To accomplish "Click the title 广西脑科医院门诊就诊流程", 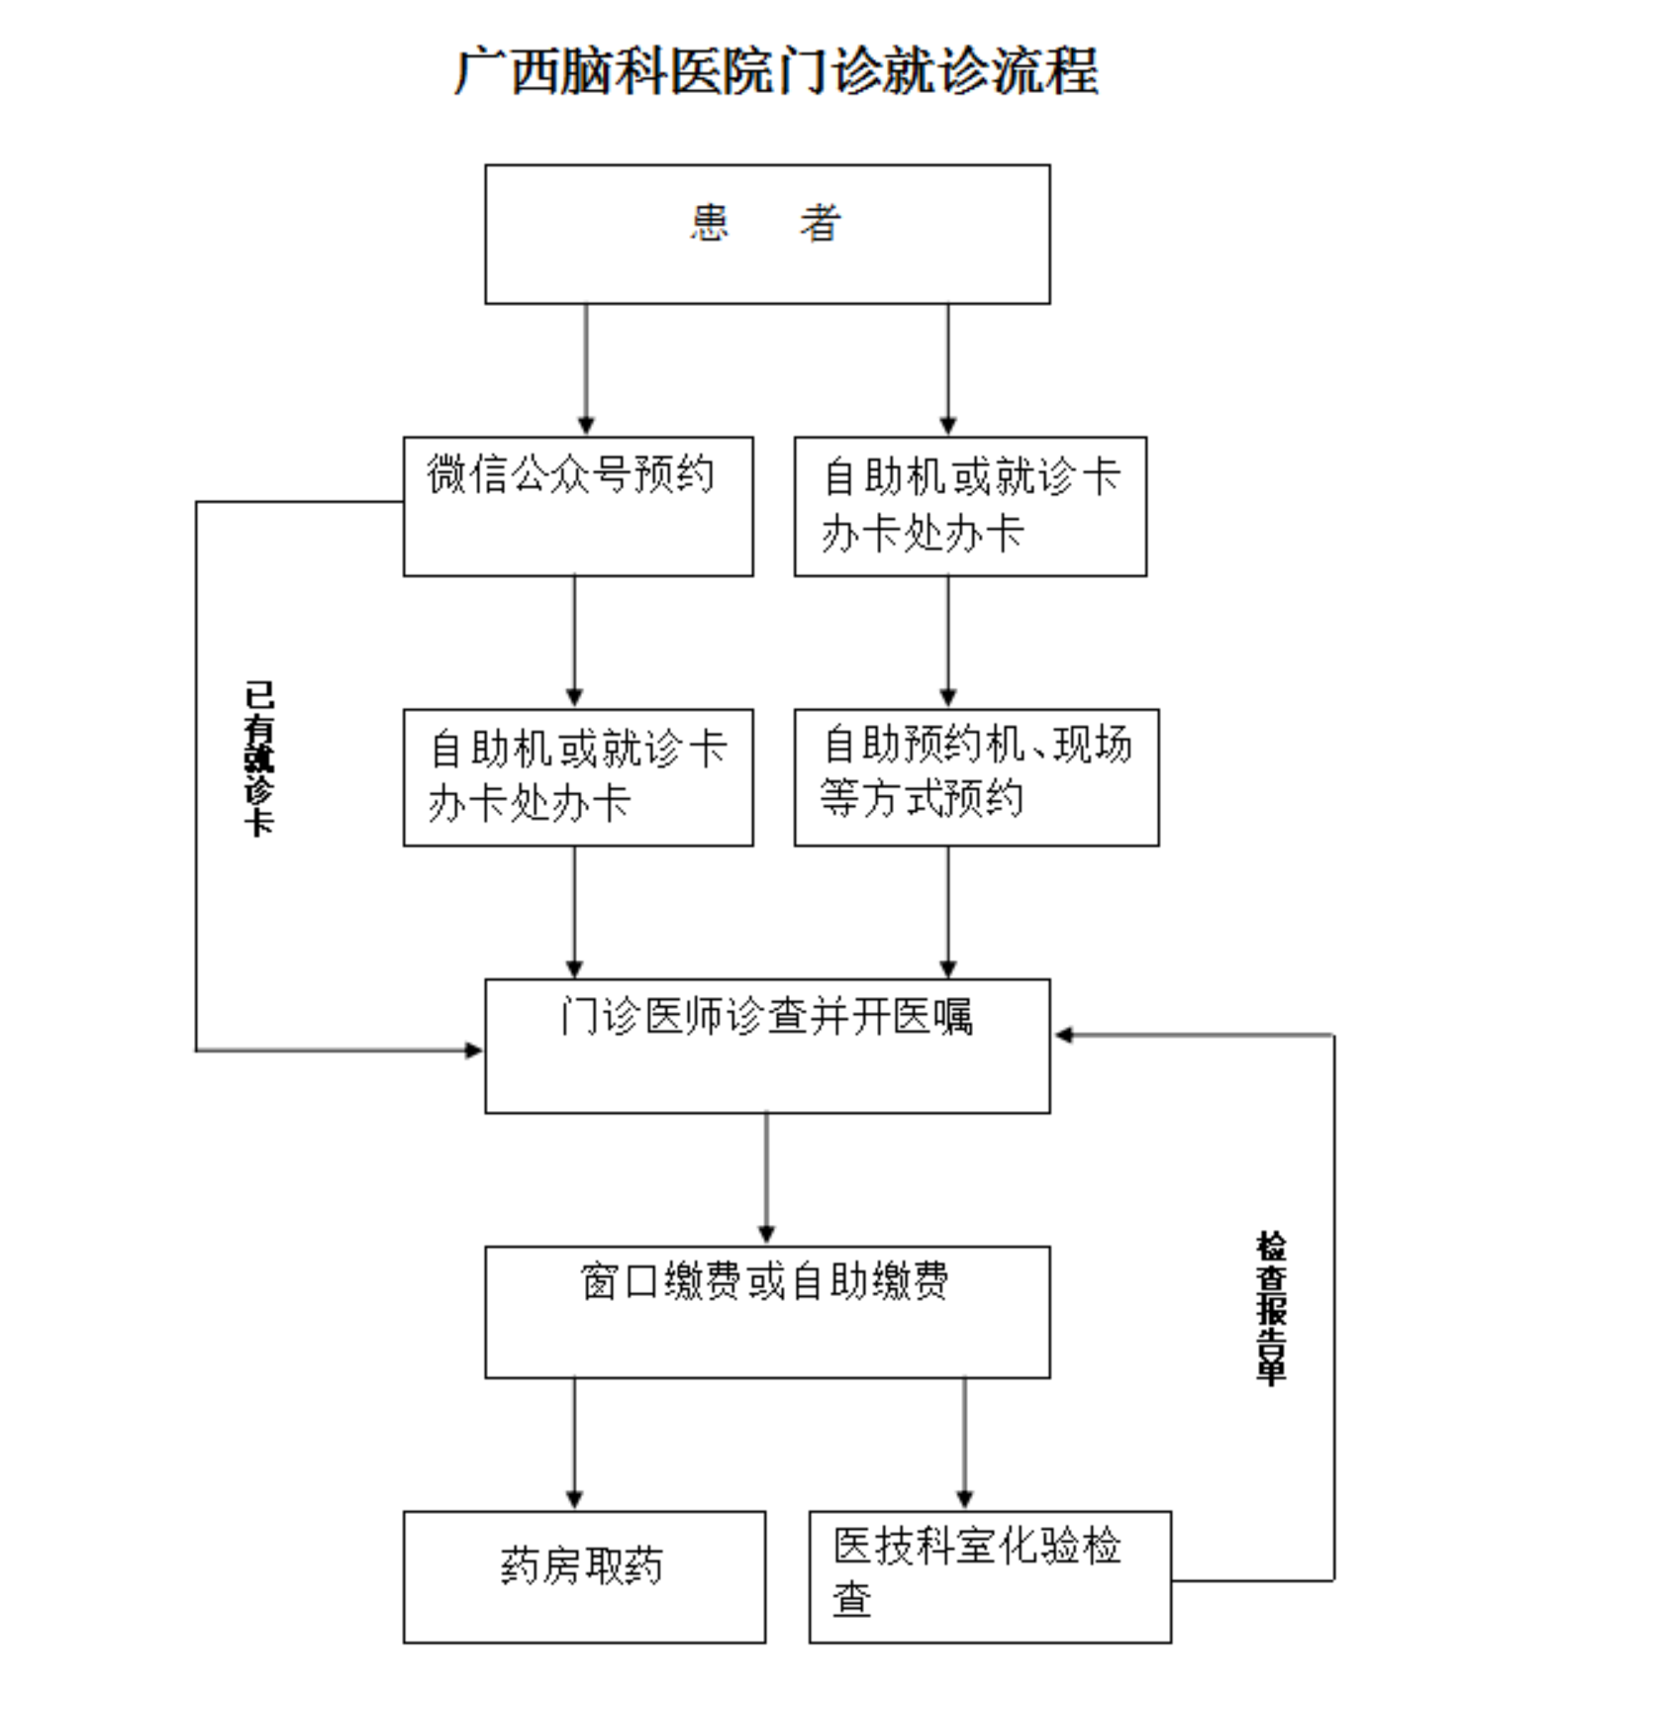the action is [x=777, y=70].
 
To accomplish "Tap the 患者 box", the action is [x=767, y=235].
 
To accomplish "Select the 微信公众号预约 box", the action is [x=578, y=506].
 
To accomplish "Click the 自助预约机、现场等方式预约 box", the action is [x=976, y=777].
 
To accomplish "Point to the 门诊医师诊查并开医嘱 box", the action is [x=767, y=1046].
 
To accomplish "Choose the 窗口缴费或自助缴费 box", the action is [x=767, y=1312].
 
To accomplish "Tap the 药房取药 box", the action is [x=584, y=1577].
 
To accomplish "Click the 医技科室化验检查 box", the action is [x=990, y=1577].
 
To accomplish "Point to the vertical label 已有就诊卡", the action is [x=259, y=758].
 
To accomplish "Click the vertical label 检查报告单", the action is [x=1271, y=1308].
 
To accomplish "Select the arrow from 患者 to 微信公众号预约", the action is [x=586, y=369].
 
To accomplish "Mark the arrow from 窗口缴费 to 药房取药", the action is [x=574, y=1444].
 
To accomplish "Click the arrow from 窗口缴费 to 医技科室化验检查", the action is [x=965, y=1444].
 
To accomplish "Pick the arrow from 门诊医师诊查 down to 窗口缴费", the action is [x=766, y=1178].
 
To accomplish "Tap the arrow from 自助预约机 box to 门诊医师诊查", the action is [x=948, y=912].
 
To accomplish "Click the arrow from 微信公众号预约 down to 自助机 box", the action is [x=574, y=642].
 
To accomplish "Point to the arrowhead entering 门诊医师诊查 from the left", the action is [x=475, y=1050].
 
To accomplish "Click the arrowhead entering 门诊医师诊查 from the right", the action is [x=1062, y=1035].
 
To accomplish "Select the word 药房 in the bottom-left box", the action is [x=540, y=1565].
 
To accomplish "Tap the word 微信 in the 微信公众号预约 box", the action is [x=467, y=473].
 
